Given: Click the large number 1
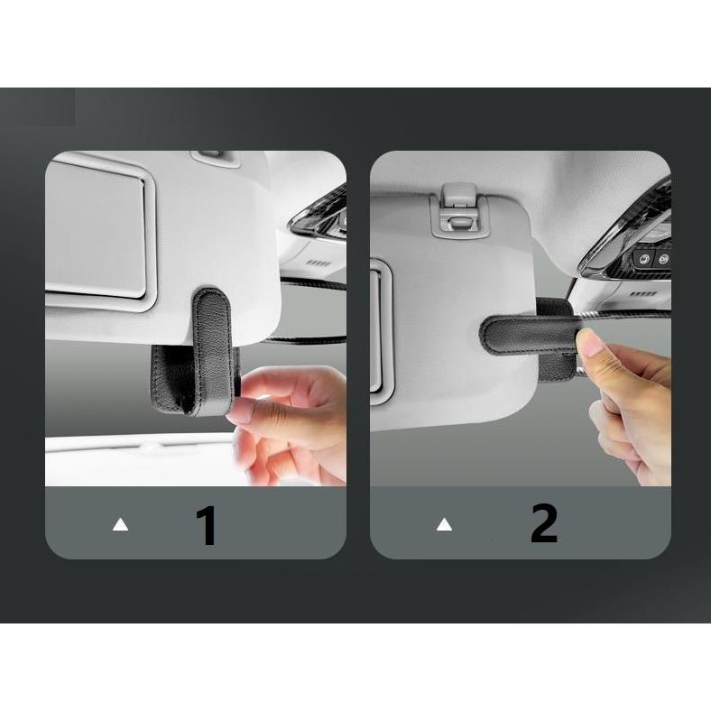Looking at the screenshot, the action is tap(207, 525).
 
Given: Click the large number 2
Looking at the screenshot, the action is tap(544, 523).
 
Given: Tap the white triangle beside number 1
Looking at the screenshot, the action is tap(120, 524).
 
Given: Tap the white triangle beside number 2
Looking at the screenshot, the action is tap(444, 524).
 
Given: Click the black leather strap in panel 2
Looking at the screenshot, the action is tap(528, 337).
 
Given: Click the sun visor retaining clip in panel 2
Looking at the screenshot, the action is tap(459, 210).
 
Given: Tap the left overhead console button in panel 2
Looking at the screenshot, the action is tap(643, 259).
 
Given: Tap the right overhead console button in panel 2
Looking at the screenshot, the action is tap(662, 259).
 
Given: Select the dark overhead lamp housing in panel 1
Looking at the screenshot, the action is tap(320, 214).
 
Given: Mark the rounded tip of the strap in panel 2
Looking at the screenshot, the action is tap(485, 335).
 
